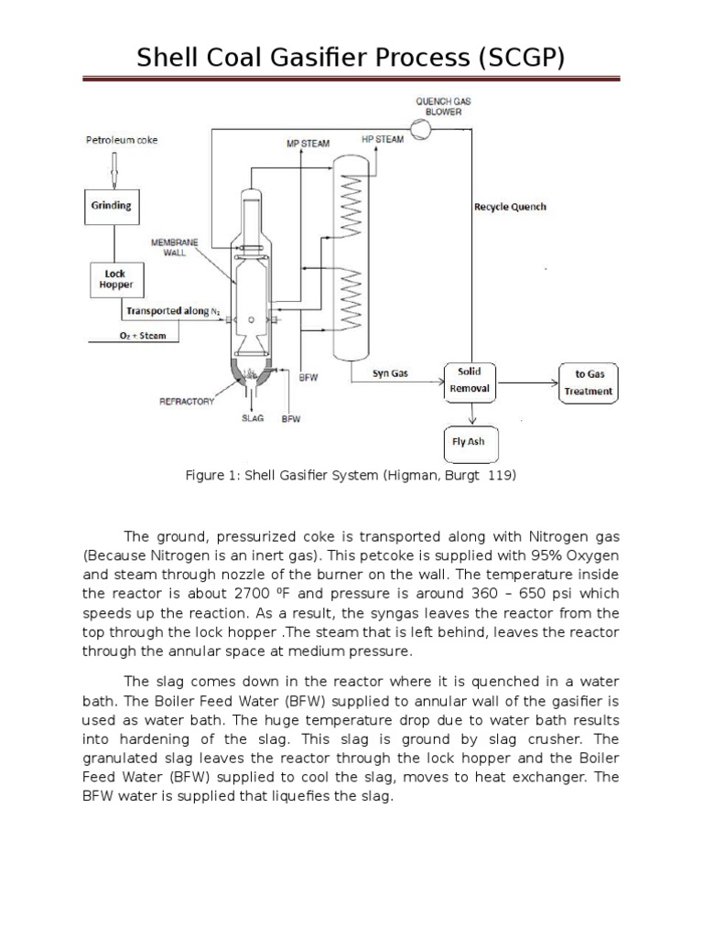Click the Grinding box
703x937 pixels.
coord(111,205)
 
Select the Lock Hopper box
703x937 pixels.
coord(115,280)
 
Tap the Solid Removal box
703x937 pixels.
coord(470,381)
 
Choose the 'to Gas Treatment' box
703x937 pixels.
coord(589,382)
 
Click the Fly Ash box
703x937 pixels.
coord(470,443)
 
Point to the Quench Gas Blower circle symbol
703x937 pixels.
coord(420,131)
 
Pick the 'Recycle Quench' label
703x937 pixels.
coord(510,207)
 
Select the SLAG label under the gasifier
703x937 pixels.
coord(252,418)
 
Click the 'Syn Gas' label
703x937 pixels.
coord(391,372)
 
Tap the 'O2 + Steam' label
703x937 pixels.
coord(144,336)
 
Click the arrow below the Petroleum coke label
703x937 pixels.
coord(112,166)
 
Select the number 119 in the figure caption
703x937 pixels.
coord(502,477)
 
